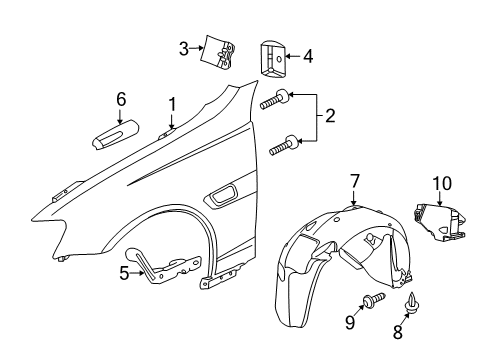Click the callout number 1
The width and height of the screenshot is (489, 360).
click(171, 103)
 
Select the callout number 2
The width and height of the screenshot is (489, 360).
click(329, 118)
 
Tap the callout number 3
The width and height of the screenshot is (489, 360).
click(184, 47)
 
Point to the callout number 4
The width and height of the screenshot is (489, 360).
click(307, 57)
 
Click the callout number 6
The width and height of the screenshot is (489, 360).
click(121, 99)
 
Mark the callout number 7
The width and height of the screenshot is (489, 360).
click(353, 180)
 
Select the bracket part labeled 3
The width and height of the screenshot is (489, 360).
click(220, 53)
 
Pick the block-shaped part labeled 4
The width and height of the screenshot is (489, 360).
click(272, 57)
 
